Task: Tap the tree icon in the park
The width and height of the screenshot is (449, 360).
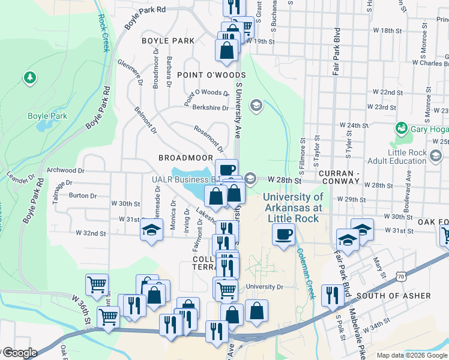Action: [29, 77]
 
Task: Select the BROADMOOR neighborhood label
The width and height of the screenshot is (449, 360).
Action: [182, 157]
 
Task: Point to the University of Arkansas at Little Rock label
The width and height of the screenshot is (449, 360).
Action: [293, 208]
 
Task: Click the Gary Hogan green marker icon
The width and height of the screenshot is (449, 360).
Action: [401, 128]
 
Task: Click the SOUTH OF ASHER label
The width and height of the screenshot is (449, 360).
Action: [394, 296]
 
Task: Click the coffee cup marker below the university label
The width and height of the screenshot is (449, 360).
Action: [284, 234]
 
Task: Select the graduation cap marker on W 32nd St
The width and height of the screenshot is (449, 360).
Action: [152, 230]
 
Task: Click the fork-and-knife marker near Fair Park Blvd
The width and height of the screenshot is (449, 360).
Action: [331, 295]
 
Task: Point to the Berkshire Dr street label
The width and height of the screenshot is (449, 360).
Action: [207, 108]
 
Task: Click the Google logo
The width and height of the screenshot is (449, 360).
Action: [20, 353]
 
